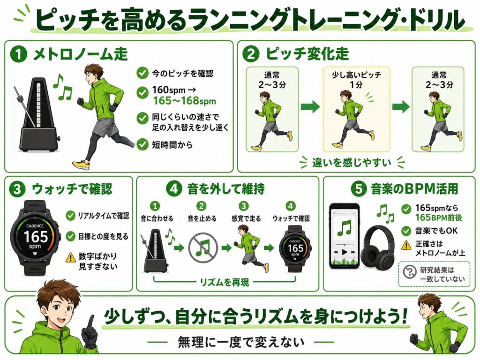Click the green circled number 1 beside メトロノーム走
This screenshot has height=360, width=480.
[19, 54]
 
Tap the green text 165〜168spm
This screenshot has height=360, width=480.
[185, 101]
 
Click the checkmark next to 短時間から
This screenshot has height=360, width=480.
[142, 144]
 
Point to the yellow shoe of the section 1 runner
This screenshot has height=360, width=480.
[81, 165]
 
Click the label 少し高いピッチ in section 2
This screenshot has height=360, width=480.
[356, 75]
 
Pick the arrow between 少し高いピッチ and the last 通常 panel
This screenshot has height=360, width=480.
[401, 106]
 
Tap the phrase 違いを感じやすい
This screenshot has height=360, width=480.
[352, 162]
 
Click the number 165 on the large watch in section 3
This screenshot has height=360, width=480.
[36, 237]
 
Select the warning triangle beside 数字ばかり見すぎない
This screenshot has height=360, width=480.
[71, 257]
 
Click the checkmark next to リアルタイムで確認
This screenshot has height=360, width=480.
[70, 216]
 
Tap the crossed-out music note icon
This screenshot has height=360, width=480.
[203, 247]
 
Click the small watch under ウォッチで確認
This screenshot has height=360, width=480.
[295, 249]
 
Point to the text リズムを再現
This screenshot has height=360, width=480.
[225, 282]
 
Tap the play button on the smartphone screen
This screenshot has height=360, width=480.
[345, 252]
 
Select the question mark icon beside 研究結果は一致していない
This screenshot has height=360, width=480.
[410, 272]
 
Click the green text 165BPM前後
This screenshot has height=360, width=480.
[438, 217]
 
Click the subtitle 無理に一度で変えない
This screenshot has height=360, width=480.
[241, 342]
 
